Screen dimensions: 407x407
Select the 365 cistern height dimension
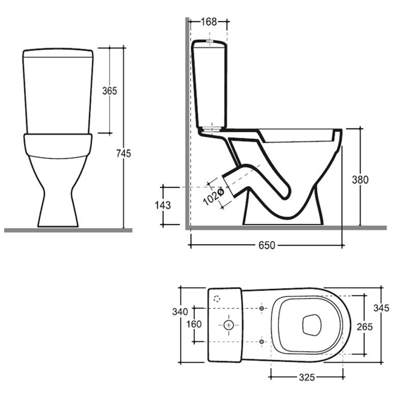109,91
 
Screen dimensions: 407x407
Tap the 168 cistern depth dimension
209,21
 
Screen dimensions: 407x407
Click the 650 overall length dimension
266,246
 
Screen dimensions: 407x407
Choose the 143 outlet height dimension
163,205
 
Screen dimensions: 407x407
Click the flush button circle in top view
228,324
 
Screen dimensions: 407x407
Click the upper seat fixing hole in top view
261,308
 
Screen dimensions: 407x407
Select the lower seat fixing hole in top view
261,341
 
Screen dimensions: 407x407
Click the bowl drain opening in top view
311,325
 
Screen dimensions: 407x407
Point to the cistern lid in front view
58,52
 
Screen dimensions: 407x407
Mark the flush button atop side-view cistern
210,39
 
